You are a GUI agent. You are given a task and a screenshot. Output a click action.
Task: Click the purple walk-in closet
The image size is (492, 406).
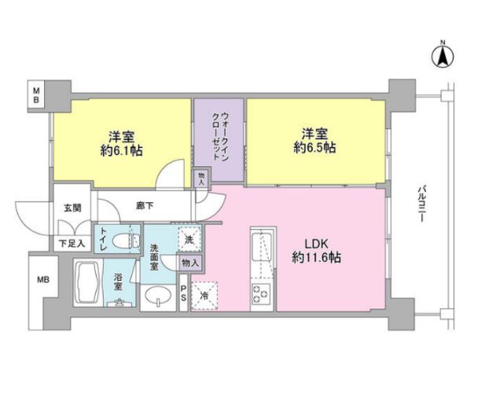click(x=220, y=140)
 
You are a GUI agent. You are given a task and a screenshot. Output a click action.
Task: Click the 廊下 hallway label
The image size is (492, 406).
click(x=145, y=206)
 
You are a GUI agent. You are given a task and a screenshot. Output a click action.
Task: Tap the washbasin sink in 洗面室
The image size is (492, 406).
click(x=160, y=297)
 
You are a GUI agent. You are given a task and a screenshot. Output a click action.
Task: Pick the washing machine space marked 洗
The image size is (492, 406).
click(x=188, y=236)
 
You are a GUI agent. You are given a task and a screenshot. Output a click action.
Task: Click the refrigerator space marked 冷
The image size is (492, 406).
click(x=203, y=297)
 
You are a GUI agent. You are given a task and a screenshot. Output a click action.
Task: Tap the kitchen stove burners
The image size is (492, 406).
click(x=260, y=297)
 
